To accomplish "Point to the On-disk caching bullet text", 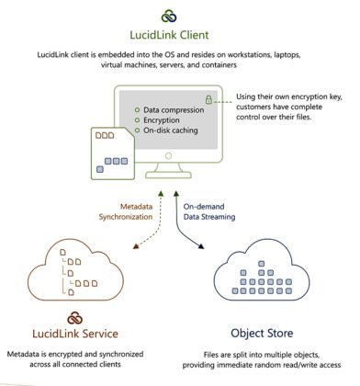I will [162, 132].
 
